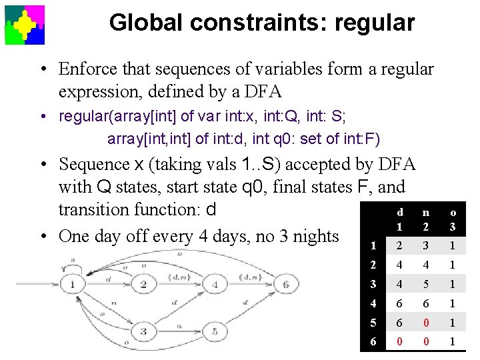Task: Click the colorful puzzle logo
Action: (x=25, y=25)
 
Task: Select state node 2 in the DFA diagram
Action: (x=143, y=285)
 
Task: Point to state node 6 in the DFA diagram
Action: (x=285, y=285)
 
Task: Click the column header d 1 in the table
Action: (x=400, y=219)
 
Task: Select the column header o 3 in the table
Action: (x=453, y=219)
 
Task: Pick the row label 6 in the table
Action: (x=373, y=342)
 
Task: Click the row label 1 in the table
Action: (x=373, y=245)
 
